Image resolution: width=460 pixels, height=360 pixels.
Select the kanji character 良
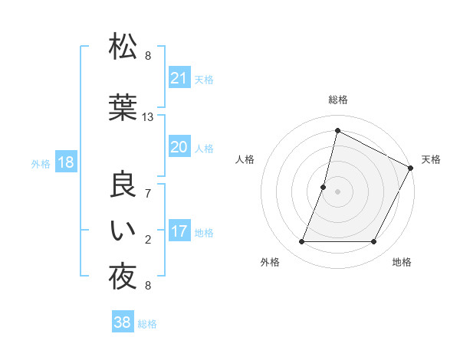pos(123,186)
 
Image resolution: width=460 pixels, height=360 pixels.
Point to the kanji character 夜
pos(123,276)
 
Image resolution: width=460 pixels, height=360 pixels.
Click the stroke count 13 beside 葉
pos(148,117)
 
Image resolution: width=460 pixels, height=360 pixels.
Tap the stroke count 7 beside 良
pos(148,194)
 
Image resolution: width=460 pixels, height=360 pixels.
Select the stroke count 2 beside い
pos(148,240)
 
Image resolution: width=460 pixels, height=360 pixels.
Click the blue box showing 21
pos(179,78)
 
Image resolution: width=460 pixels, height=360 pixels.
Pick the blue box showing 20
pos(179,147)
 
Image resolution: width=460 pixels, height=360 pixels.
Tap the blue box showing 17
pos(179,231)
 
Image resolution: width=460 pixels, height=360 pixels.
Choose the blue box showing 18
pos(65,162)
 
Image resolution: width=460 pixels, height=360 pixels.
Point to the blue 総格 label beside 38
pos(147,324)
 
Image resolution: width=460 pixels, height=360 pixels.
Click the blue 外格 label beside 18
pos(41,163)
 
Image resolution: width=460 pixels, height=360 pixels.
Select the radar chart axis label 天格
pos(431,159)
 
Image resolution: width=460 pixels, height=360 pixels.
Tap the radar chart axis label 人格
pos(245,159)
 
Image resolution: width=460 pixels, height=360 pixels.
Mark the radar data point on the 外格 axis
pos(301,242)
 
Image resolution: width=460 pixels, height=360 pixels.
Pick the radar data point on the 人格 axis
pos(324,187)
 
